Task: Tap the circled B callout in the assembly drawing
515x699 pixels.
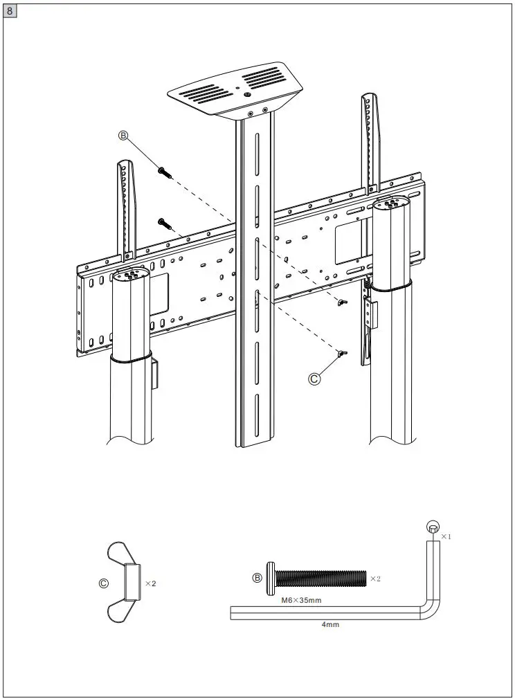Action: tap(124, 136)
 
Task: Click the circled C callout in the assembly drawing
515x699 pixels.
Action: tap(315, 378)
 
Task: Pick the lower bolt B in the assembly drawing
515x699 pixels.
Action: tap(164, 222)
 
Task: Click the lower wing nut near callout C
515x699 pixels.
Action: tap(342, 354)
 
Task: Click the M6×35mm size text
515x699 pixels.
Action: tap(301, 600)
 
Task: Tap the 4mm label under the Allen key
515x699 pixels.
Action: tap(329, 624)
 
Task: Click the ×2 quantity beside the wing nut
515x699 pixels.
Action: tap(150, 583)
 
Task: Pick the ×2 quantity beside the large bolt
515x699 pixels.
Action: tap(375, 578)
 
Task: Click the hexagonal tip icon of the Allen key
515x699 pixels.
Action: tap(432, 528)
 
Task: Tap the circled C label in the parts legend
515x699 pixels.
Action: tap(103, 583)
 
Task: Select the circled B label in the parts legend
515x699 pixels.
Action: tap(257, 577)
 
